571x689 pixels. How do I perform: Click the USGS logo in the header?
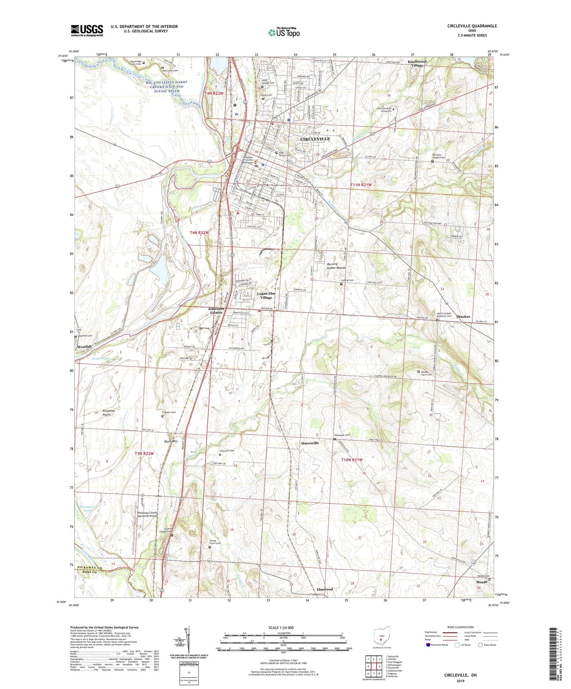pyautogui.click(x=87, y=30)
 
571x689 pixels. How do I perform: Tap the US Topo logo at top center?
pyautogui.click(x=283, y=32)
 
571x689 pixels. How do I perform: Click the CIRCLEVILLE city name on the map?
pyautogui.click(x=315, y=139)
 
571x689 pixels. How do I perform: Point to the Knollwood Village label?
pyautogui.click(x=417, y=64)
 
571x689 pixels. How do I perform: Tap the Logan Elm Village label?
pyautogui.click(x=266, y=296)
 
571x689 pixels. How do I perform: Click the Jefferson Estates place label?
pyautogui.click(x=216, y=311)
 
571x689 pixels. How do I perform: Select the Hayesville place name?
pyautogui.click(x=310, y=443)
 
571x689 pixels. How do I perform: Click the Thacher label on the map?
pyautogui.click(x=463, y=316)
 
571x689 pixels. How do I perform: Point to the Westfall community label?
pyautogui.click(x=85, y=346)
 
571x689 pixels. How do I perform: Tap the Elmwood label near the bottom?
pyautogui.click(x=324, y=589)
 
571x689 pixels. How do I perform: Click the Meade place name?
pyautogui.click(x=481, y=582)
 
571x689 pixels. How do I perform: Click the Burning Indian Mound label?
pyautogui.click(x=336, y=266)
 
